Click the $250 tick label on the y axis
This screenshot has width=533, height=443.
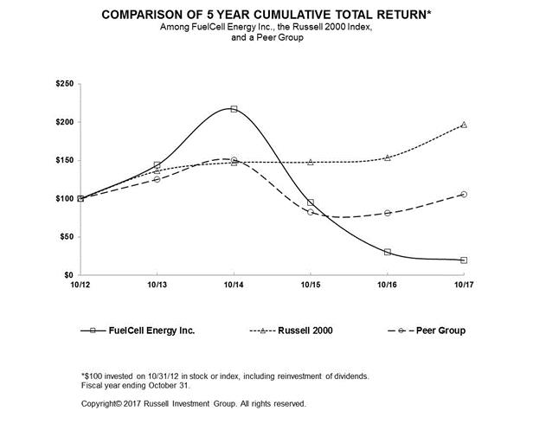[66, 85]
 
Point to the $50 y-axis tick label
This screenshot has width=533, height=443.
[67, 236]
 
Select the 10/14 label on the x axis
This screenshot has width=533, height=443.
[234, 285]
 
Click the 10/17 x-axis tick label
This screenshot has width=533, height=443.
[464, 285]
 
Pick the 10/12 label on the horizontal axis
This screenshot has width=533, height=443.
[80, 285]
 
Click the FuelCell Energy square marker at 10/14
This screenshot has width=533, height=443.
[234, 109]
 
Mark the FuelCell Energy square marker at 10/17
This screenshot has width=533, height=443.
[464, 260]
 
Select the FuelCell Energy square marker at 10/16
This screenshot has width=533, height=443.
[387, 252]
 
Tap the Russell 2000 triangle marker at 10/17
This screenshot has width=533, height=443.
[464, 125]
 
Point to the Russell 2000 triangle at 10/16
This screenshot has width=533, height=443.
[387, 157]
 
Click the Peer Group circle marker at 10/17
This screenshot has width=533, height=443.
[464, 194]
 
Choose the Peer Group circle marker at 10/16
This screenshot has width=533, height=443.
[387, 212]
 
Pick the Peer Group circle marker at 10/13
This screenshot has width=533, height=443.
[157, 179]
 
